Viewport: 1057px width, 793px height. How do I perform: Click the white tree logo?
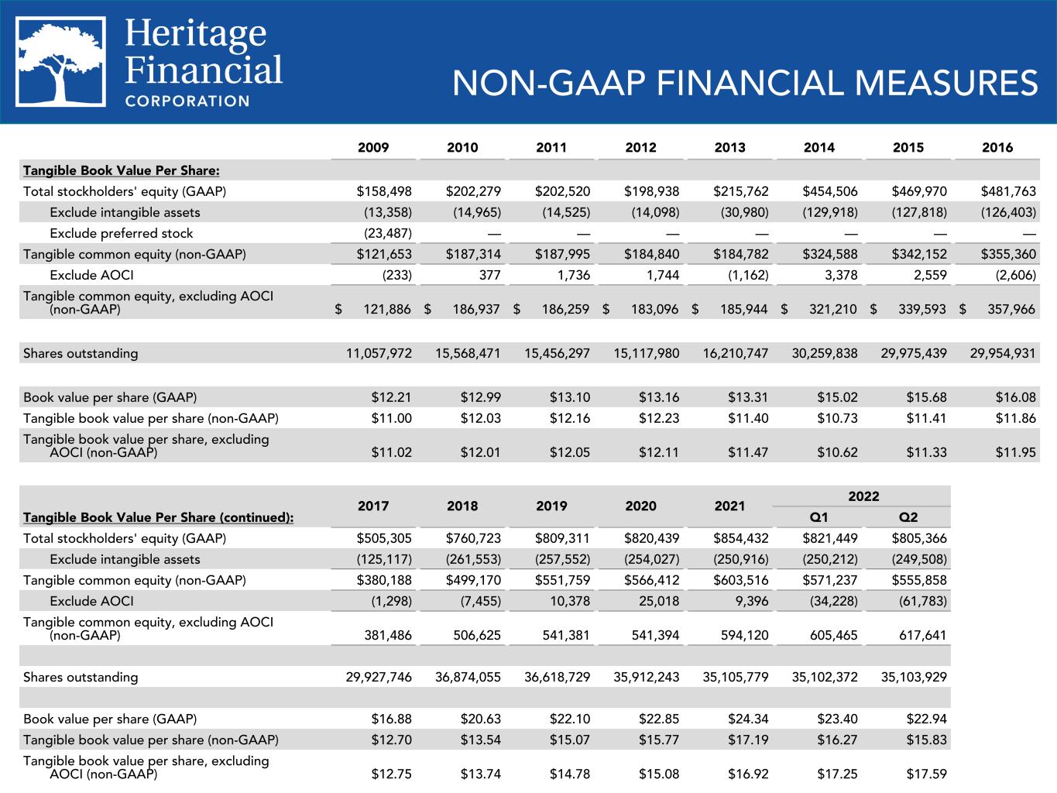pos(61,63)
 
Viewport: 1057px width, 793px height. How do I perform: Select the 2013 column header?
pos(729,147)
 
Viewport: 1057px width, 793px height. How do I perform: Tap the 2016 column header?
pos(997,147)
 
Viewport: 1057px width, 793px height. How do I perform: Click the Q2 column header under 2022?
pos(908,517)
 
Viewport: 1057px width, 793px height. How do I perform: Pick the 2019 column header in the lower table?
pos(551,506)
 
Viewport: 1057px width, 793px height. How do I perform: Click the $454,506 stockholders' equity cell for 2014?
pos(829,191)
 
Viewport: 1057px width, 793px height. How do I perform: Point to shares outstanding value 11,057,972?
pos(379,353)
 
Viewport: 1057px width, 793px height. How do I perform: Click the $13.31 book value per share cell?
pos(747,397)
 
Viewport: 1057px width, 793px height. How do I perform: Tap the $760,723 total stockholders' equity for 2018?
pos(472,538)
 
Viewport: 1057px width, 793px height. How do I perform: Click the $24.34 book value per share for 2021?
pos(747,719)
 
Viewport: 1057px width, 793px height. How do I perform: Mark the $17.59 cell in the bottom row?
pos(926,774)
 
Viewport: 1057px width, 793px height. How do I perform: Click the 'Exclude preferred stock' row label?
pos(121,233)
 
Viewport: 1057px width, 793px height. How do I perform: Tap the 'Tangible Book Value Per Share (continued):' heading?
pos(158,517)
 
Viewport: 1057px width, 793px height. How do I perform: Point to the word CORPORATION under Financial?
pos(187,101)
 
